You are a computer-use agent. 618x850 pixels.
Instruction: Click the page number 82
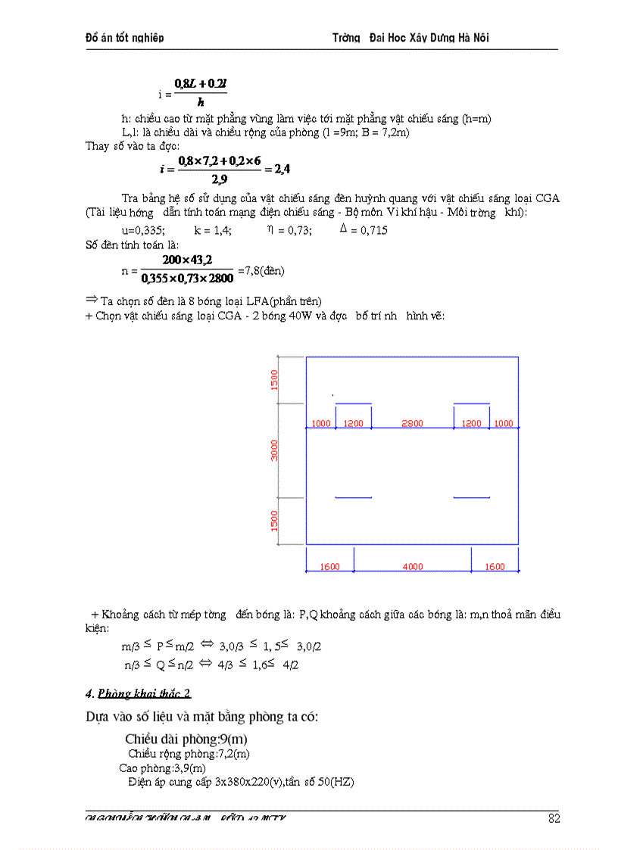tap(554, 817)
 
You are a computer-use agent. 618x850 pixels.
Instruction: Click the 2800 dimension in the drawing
tap(412, 424)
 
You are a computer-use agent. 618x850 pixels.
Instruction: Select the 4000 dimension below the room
tap(413, 567)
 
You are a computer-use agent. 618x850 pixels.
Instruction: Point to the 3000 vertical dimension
tap(276, 451)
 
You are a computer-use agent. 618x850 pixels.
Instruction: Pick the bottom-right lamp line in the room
tap(471, 497)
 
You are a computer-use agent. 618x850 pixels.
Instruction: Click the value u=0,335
tap(143, 230)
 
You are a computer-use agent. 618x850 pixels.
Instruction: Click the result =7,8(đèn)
tap(261, 270)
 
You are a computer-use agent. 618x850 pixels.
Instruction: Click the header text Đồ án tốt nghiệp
tap(124, 38)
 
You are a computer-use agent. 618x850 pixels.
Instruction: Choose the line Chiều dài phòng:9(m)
tap(186, 739)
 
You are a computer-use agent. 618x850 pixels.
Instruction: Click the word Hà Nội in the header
tap(481, 38)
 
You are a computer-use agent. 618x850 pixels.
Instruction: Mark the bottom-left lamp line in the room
tap(353, 497)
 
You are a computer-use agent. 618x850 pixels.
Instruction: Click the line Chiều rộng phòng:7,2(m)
tap(189, 754)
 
